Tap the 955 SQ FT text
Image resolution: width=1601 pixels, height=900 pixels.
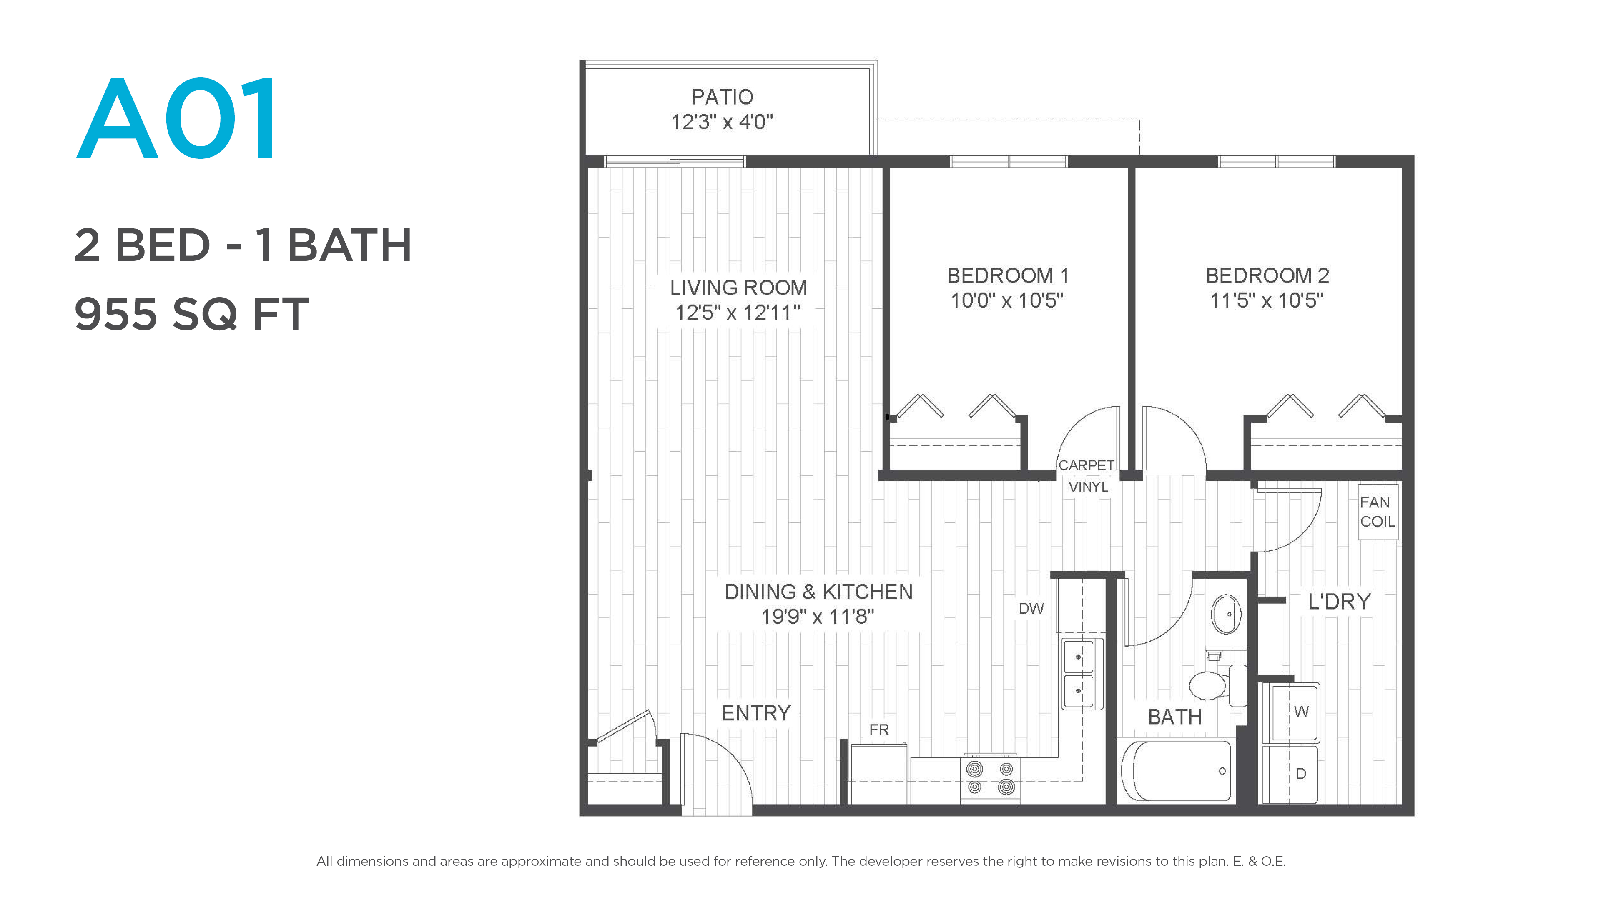191,314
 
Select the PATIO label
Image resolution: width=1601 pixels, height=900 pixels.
722,97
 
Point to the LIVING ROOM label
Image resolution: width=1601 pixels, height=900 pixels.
738,287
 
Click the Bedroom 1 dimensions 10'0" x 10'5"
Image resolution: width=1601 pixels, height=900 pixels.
1007,300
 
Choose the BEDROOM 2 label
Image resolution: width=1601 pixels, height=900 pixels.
1267,275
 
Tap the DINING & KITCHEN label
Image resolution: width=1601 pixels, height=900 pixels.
818,592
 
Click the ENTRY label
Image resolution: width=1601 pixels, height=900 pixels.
756,713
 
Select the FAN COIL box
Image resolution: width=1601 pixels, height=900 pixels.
1378,512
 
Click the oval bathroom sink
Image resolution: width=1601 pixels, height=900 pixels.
1226,614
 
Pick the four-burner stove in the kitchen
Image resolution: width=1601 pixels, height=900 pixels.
990,778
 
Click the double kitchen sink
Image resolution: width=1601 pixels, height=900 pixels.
1082,674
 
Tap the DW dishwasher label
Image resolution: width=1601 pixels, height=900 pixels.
1031,609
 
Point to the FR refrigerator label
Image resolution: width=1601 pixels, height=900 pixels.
879,730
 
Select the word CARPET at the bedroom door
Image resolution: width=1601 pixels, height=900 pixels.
1087,465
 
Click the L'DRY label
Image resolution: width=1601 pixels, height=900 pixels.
1339,601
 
